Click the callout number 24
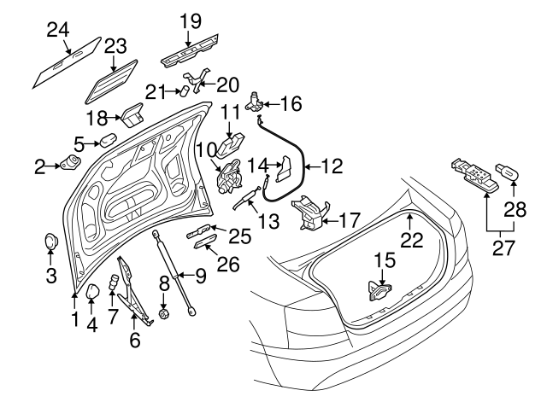point(57,31)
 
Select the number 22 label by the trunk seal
point(412,241)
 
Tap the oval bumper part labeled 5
point(107,139)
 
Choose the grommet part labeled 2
point(69,162)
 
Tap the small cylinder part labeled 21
point(182,90)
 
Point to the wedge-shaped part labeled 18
point(132,114)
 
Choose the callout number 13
point(268,221)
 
